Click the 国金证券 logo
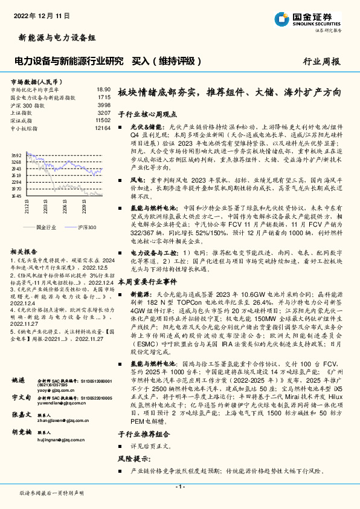[307, 18]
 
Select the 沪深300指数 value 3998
[104, 105]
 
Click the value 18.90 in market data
[104, 89]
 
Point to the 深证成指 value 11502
[103, 120]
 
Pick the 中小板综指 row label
[24, 128]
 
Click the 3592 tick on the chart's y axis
[16, 155]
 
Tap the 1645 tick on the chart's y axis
[16, 195]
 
